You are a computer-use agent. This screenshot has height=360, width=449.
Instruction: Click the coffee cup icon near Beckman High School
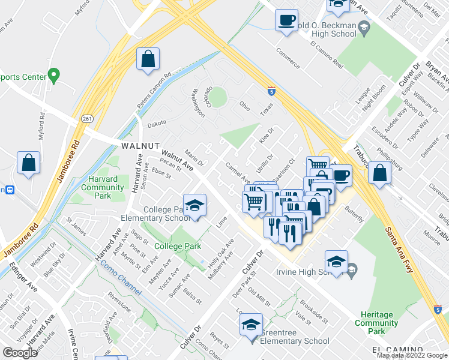(286, 19)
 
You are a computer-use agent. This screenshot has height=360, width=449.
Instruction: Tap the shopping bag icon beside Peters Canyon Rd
(148, 60)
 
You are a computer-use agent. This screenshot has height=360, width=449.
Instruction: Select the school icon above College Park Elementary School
(194, 206)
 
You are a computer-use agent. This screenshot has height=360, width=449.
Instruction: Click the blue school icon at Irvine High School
(336, 262)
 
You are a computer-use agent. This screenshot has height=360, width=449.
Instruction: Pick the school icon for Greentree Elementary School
(251, 326)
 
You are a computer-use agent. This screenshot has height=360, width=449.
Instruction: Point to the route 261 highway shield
(88, 119)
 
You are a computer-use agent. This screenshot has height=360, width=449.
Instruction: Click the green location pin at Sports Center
(53, 76)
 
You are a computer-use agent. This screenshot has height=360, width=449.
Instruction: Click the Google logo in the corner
(20, 353)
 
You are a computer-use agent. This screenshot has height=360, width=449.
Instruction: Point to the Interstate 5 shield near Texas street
(272, 91)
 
